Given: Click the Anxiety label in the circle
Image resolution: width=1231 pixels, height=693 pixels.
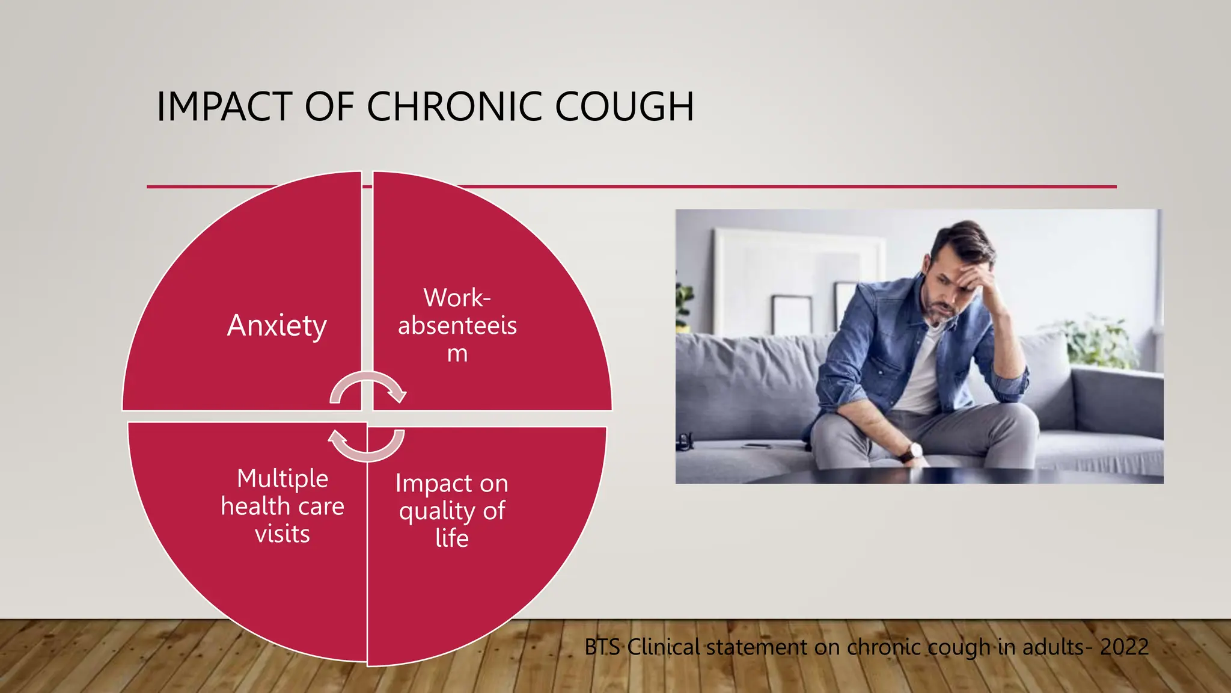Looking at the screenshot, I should pos(277,325).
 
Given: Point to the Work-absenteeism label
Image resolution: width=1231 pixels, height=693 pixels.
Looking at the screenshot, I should pos(457,325).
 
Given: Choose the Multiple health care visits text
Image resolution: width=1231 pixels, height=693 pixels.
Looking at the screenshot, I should pos(283,506).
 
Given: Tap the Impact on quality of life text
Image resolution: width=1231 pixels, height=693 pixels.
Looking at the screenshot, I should pos(451,510).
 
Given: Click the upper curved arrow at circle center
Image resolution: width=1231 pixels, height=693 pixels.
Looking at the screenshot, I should pos(368,387).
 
